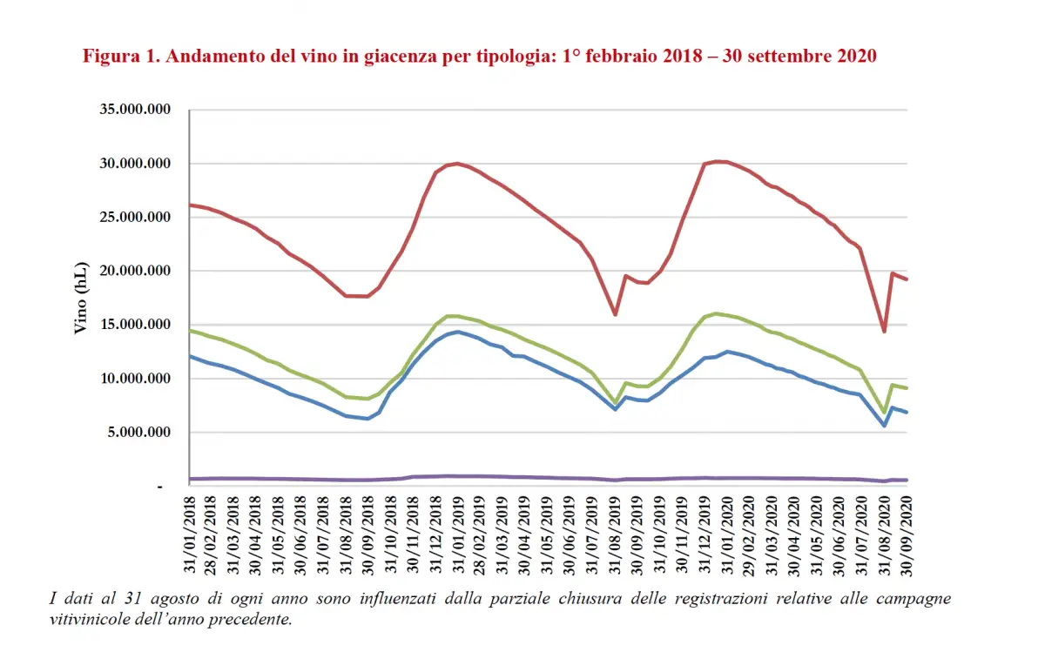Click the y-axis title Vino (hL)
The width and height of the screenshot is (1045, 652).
click(79, 298)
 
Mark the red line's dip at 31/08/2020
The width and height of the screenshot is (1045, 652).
click(884, 332)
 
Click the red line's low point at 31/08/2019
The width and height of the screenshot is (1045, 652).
click(616, 314)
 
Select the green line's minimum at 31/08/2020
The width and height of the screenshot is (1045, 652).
click(884, 413)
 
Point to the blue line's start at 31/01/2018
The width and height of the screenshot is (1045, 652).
click(190, 356)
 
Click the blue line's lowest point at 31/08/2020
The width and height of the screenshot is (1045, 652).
click(884, 426)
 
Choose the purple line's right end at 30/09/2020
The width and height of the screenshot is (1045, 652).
click(907, 480)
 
